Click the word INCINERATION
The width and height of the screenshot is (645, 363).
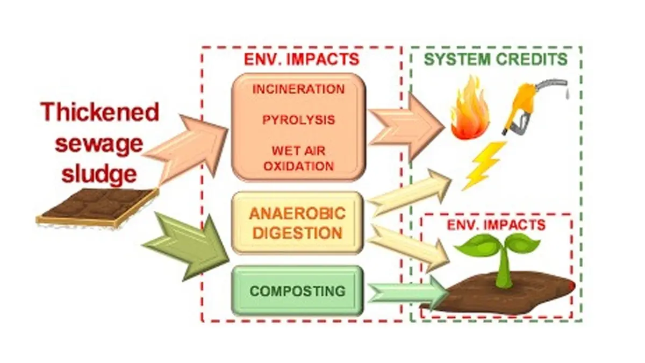point(298,89)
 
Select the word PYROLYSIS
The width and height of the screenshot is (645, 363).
point(298,119)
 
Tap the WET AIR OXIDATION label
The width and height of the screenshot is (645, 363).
point(298,156)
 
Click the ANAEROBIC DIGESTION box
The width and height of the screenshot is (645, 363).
point(297,223)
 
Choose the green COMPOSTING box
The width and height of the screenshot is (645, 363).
point(297,291)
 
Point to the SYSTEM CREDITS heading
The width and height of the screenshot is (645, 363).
point(496,59)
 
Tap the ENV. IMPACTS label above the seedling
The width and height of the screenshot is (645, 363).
point(496,225)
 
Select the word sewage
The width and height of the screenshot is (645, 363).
point(101,144)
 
